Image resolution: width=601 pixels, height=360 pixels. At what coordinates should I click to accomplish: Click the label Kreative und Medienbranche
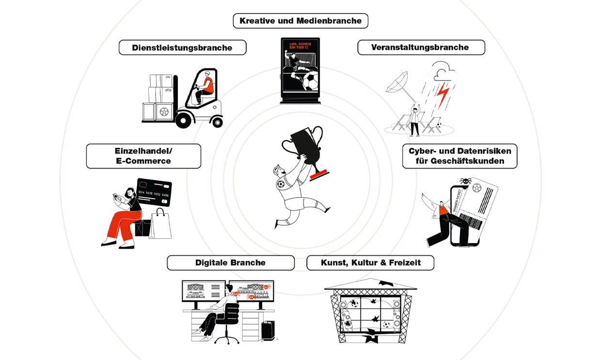pos(300,21)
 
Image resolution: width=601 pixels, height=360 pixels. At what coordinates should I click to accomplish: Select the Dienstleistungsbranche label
pos(182,47)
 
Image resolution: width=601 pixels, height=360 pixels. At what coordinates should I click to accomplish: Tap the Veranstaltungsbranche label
pos(420,47)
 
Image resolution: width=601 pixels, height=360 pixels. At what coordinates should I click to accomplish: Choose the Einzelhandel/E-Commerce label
pos(143,156)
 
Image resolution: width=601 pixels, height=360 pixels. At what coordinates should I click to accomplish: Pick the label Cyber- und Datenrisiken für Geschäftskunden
pos(459,156)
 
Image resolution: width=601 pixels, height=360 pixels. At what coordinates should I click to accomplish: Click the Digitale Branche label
pos(230,263)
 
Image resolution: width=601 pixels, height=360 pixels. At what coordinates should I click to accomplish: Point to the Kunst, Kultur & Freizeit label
pos(370,263)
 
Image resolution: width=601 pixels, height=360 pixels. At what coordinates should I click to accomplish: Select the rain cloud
pos(439,73)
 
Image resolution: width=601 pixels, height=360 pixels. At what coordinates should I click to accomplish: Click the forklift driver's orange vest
pos(208,86)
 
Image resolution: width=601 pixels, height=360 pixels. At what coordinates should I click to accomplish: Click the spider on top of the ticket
pos(465,182)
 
